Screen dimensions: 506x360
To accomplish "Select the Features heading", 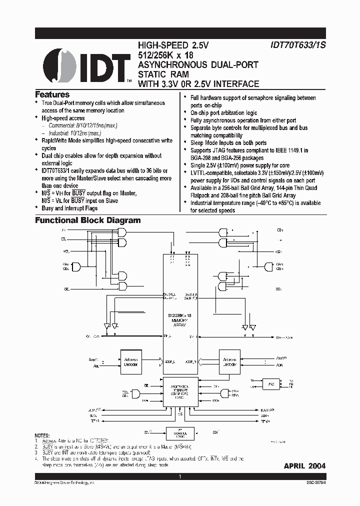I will coord(52,94).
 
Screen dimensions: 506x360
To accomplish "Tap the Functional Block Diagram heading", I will coord(87,220).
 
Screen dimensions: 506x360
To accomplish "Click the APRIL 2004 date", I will coord(304,465).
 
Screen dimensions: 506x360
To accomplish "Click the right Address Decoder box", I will coord(229,361).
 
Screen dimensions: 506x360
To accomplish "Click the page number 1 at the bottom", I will coord(179,477).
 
